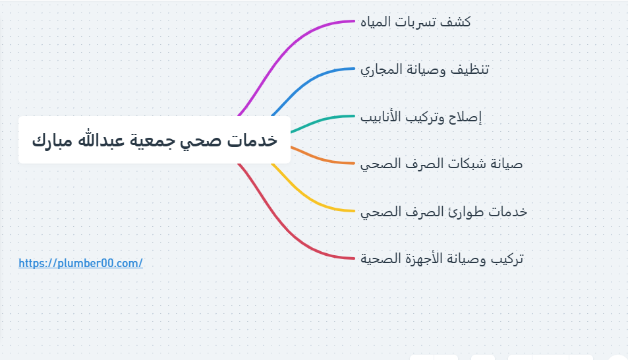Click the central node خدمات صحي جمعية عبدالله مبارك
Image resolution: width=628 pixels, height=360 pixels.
click(x=154, y=140)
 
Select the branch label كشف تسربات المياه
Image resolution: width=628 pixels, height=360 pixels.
click(x=416, y=22)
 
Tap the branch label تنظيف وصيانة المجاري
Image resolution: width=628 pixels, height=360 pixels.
click(x=424, y=69)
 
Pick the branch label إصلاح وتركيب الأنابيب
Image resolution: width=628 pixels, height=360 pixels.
click(x=421, y=117)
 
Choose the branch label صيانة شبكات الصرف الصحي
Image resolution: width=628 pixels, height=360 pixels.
click(x=442, y=164)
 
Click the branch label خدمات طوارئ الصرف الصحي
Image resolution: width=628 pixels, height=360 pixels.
click(x=443, y=211)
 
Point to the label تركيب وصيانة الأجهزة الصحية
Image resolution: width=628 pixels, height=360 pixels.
click(x=442, y=258)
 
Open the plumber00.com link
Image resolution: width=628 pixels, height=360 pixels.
click(x=80, y=263)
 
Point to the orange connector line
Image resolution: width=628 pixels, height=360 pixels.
click(x=320, y=159)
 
